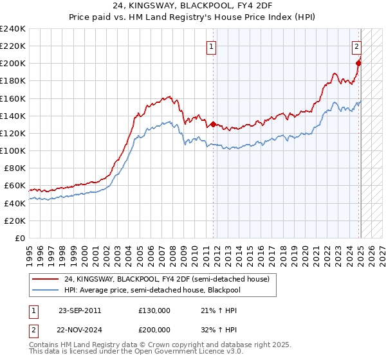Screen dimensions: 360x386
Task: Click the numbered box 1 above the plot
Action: tap(212, 46)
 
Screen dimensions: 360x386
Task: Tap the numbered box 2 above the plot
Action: tap(356, 46)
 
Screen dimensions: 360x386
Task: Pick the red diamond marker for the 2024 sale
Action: tap(359, 63)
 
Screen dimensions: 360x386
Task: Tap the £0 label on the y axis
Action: tap(21, 238)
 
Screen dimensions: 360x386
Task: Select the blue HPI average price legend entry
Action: tap(158, 290)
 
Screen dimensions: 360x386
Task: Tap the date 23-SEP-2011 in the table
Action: tap(79, 310)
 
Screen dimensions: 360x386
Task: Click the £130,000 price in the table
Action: tap(154, 310)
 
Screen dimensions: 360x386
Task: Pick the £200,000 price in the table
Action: tap(154, 330)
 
